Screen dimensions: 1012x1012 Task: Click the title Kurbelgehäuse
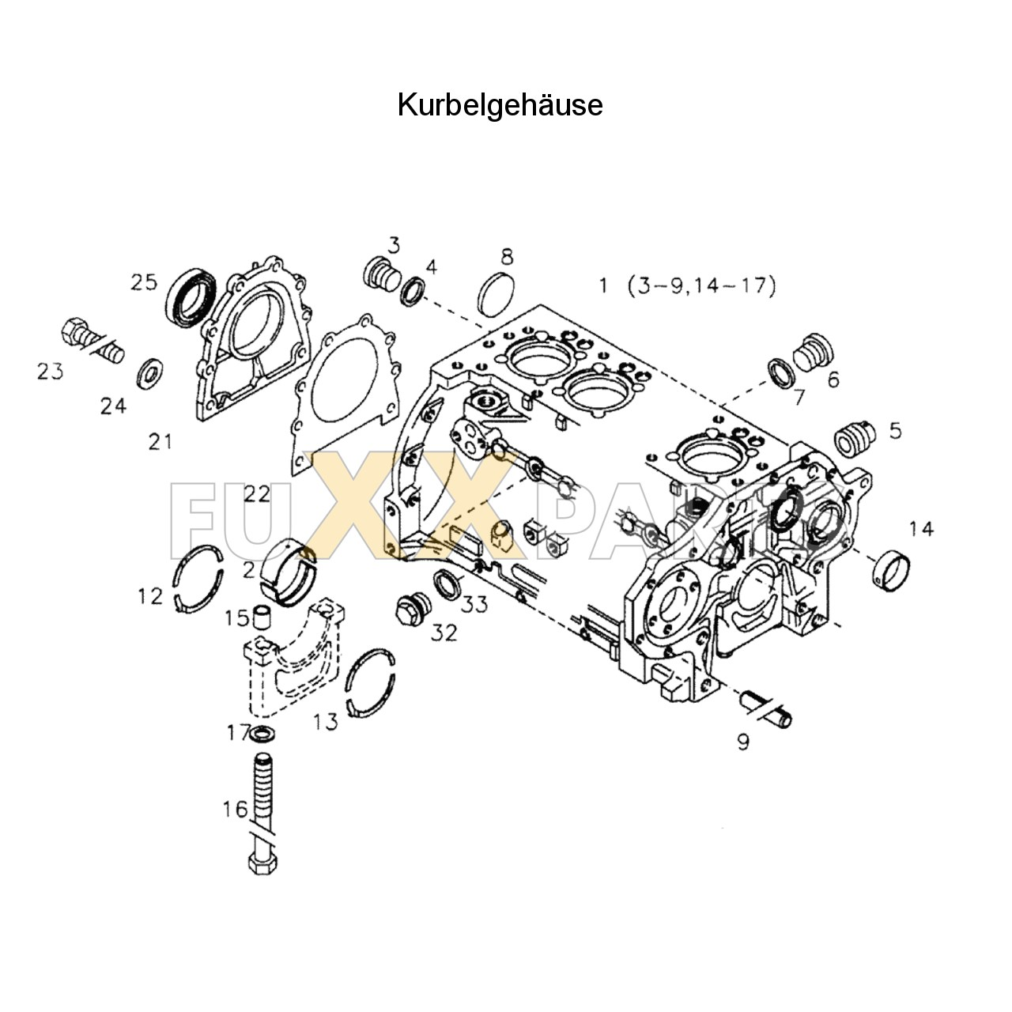click(x=500, y=104)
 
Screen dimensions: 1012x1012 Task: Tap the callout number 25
click(x=144, y=282)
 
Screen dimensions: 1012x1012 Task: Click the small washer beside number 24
click(x=149, y=372)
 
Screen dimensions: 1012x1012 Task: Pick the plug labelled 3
click(x=381, y=274)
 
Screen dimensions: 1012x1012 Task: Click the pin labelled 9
click(x=765, y=708)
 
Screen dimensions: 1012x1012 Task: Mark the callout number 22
click(x=257, y=493)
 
